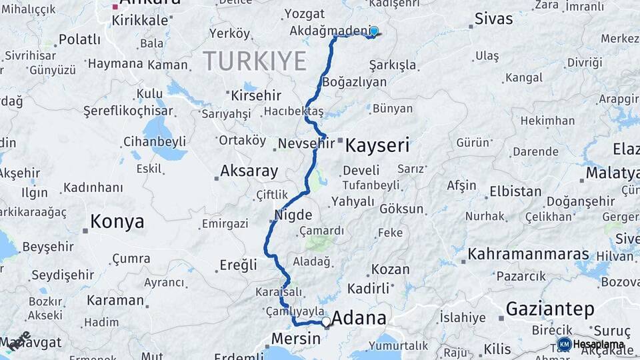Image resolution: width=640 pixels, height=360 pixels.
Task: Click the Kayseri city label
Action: pos(377,145)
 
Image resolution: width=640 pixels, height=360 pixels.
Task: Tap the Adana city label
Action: pos(359,318)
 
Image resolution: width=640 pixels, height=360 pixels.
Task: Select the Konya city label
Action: pos(117,221)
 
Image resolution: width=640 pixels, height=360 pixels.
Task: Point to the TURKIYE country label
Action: pos(255,61)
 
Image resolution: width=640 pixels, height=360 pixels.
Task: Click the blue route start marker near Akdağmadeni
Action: pos(374,31)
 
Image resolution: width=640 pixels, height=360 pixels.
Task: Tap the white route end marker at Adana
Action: pos(326,322)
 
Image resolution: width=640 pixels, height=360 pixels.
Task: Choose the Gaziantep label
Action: pos(550,309)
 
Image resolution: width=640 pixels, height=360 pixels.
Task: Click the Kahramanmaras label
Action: pos(529,254)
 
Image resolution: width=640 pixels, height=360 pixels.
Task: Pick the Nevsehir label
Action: pos(301,143)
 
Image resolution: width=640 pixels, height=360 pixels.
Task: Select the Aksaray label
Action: pos(249,171)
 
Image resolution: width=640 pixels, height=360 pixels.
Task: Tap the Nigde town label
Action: pos(293,215)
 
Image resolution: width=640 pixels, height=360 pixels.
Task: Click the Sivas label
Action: pos(494,19)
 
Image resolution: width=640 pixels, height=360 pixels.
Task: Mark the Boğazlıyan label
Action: pos(354,82)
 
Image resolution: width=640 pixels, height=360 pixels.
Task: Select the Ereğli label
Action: pos(238,265)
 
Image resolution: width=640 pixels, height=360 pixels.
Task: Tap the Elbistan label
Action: pos(515,191)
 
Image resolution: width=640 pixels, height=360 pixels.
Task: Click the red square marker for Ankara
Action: pos(115,7)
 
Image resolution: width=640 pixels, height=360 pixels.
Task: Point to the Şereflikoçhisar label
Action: pos(128,111)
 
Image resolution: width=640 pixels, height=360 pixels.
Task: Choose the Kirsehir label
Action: pos(256,95)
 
